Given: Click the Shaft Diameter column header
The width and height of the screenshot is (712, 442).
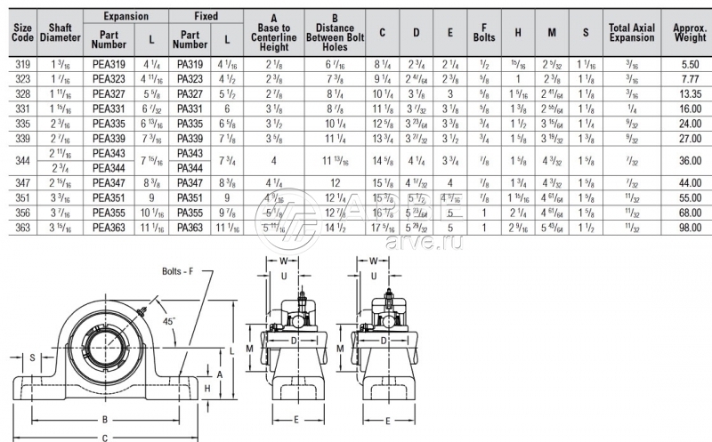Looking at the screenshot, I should click(x=60, y=32).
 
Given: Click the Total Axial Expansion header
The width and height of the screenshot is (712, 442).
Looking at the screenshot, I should click(x=631, y=32).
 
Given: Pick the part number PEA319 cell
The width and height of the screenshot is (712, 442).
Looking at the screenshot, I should click(x=109, y=65).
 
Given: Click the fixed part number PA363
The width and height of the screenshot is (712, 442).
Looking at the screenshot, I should click(x=190, y=228).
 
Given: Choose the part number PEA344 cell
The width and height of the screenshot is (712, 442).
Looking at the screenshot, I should click(x=109, y=167).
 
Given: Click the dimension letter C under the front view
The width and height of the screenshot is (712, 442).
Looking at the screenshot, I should click(x=106, y=436).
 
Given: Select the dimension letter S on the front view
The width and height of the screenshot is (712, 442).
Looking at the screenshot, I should click(x=32, y=358).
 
